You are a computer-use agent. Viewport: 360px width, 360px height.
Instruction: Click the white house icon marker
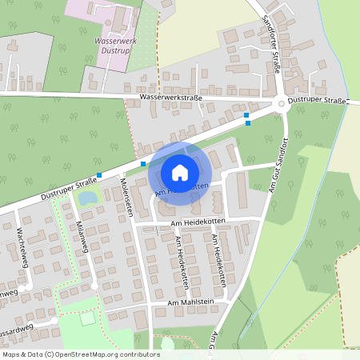tap(180, 172)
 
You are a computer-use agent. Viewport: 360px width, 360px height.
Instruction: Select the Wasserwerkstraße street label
tap(170, 98)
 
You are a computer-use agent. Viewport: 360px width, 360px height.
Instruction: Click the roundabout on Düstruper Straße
tap(280, 104)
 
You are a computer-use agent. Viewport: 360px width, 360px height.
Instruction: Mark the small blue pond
tap(89, 197)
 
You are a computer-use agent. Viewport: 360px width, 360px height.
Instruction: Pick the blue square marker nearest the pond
tap(99, 175)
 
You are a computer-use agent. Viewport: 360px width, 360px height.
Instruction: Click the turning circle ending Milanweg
tap(94, 285)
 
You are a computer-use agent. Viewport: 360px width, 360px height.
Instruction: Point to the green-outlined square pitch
tap(86, 318)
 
